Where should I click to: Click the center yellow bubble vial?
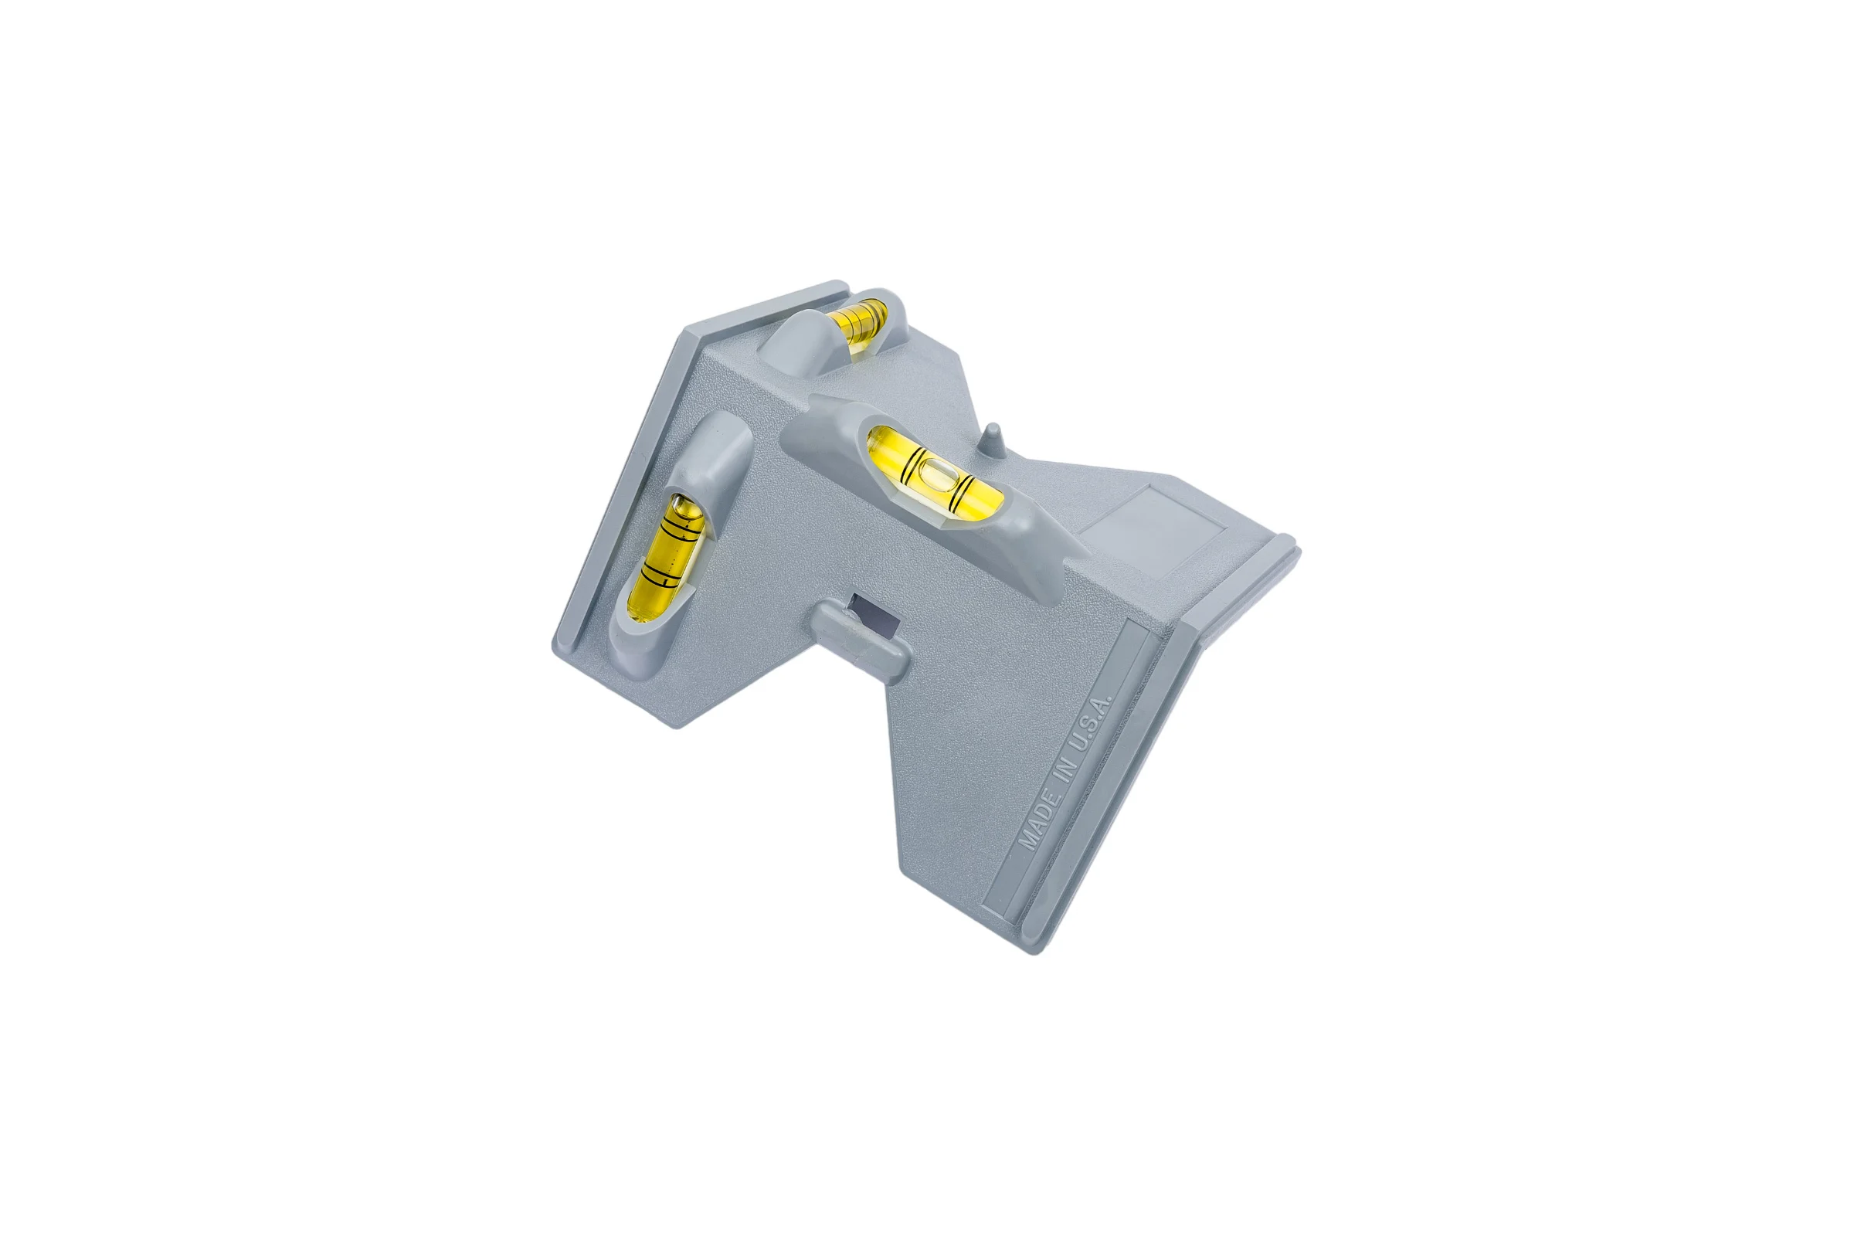point(934,475)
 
